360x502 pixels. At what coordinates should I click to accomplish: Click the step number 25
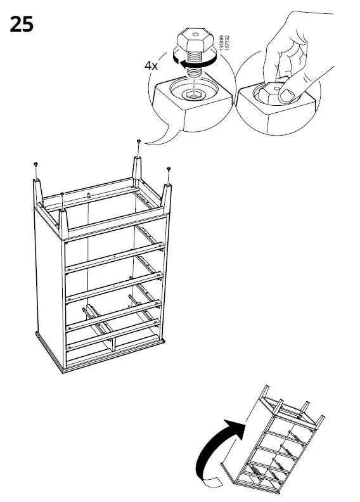(22, 25)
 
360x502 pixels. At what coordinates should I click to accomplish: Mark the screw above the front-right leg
(168, 170)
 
